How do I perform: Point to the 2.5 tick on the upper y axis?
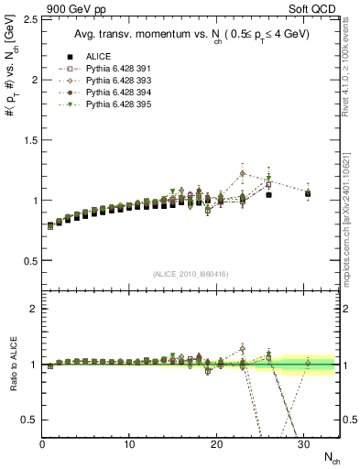(28, 19)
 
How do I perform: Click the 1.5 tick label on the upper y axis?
(28, 139)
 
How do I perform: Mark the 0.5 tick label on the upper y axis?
(28, 260)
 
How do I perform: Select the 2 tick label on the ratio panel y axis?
(33, 309)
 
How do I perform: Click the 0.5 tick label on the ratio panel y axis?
(28, 420)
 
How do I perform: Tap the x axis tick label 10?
(129, 445)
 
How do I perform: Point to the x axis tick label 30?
(303, 445)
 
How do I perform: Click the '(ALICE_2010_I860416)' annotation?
(190, 272)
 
